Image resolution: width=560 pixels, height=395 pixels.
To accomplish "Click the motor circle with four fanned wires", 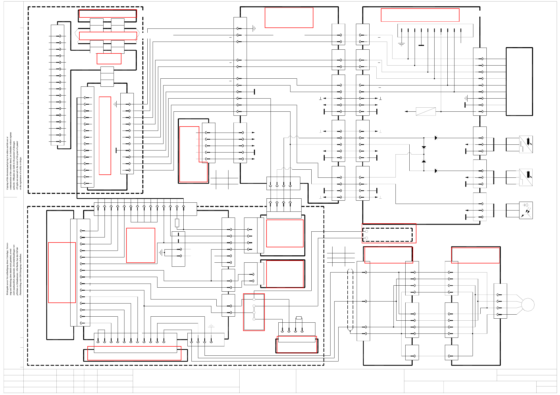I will pyautogui.click(x=528, y=305).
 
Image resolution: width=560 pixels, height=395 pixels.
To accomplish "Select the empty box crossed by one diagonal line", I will pyautogui.click(x=425, y=111).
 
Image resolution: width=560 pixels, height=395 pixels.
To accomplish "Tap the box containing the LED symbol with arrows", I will pyautogui.click(x=526, y=210).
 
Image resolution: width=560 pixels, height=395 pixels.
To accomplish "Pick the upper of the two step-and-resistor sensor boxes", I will pyautogui.click(x=526, y=144).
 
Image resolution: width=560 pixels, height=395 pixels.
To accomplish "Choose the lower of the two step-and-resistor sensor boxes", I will pyautogui.click(x=526, y=177).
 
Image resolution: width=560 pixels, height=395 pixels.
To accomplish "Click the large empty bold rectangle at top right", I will pyautogui.click(x=519, y=81).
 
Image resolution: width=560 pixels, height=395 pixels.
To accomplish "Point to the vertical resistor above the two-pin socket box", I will pyautogui.click(x=177, y=223).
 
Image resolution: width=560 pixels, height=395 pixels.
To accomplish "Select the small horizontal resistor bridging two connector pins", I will pyautogui.click(x=299, y=318).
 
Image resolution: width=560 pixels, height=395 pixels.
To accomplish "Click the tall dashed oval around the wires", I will pyautogui.click(x=350, y=299).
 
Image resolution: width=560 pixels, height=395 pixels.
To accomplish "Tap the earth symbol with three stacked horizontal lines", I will pyautogui.click(x=401, y=44).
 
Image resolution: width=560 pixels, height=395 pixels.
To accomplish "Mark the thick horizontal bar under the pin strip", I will pyautogui.click(x=421, y=45).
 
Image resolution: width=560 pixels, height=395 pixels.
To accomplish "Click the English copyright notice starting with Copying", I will pyautogui.click(x=14, y=161).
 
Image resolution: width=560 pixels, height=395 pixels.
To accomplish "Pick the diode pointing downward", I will pyautogui.click(x=424, y=147).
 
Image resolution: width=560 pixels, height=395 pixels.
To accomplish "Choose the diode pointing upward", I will pyautogui.click(x=424, y=161).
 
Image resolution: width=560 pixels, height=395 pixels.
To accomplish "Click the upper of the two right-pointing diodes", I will pyautogui.click(x=436, y=138).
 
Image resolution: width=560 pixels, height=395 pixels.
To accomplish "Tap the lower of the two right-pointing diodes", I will pyautogui.click(x=436, y=171).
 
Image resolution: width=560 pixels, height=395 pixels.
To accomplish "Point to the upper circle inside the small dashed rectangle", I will pyautogui.click(x=367, y=231).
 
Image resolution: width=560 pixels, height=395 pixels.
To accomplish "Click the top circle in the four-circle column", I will pyautogui.click(x=254, y=299).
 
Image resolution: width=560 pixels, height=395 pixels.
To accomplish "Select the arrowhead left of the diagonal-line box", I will pyautogui.click(x=406, y=111).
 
